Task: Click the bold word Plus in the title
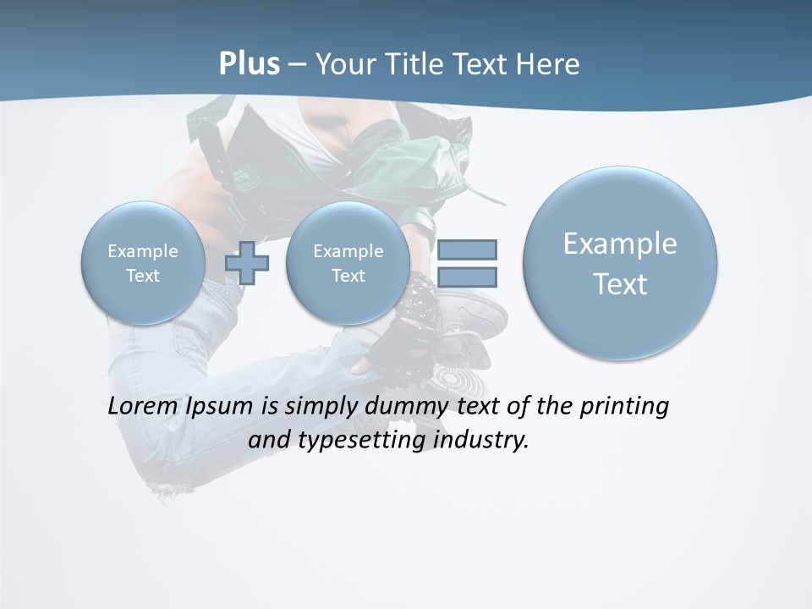tap(249, 64)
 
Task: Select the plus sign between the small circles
tap(247, 263)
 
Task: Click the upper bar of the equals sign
tap(467, 250)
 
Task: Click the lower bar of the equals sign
tap(467, 277)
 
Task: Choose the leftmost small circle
tap(142, 263)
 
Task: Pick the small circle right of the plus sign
tap(348, 263)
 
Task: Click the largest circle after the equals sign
tap(620, 263)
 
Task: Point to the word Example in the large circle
tap(620, 244)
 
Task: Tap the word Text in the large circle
tap(620, 284)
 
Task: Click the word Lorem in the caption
tap(140, 406)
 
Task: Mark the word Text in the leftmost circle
tap(142, 276)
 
